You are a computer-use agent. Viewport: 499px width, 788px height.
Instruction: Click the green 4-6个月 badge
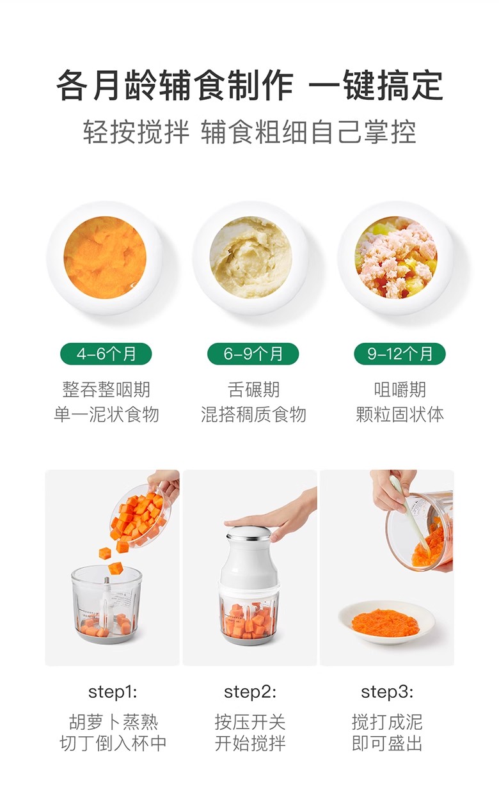tap(106, 354)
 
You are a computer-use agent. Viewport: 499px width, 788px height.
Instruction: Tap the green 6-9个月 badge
tap(253, 354)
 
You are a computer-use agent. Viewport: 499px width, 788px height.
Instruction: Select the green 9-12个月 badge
tap(400, 354)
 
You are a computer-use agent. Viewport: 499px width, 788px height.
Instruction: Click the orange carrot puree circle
tap(105, 258)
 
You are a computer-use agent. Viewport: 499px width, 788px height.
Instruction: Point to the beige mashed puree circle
tap(251, 258)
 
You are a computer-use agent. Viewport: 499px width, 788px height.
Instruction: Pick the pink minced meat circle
tap(396, 258)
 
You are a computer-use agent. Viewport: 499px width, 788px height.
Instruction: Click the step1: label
tap(113, 692)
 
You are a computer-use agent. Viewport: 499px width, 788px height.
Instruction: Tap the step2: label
tap(250, 692)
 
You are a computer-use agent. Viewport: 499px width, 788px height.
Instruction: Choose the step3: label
tap(387, 692)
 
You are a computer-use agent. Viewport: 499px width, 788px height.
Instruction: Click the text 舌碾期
tap(253, 390)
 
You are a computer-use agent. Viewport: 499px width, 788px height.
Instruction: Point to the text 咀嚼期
tap(400, 390)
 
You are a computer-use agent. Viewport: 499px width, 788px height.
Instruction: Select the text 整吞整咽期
tap(106, 390)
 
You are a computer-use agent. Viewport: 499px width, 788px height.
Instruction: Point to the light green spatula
tap(411, 521)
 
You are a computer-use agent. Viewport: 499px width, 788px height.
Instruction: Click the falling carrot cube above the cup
tap(115, 568)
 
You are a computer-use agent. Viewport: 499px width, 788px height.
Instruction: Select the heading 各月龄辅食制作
tap(175, 86)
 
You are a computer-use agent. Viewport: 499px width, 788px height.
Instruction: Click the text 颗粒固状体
tap(400, 414)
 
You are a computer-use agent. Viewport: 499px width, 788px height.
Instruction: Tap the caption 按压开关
tap(250, 723)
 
